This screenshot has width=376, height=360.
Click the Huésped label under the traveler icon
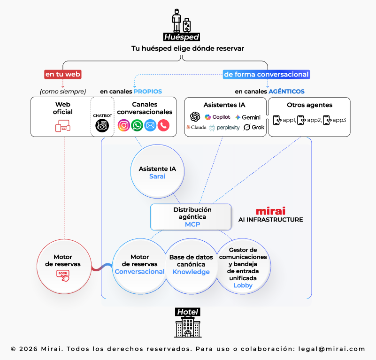182,37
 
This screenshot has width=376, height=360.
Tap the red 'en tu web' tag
63,74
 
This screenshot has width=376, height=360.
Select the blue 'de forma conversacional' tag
266,74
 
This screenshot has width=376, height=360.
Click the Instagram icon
124,125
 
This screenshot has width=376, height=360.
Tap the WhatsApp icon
137,125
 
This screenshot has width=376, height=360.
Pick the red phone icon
163,125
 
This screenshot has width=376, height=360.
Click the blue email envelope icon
150,125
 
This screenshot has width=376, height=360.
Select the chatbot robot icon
102,125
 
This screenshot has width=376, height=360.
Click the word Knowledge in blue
191,272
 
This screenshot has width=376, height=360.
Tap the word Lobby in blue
243,285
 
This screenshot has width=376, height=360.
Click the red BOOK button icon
63,275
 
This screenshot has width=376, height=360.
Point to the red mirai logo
270,211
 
